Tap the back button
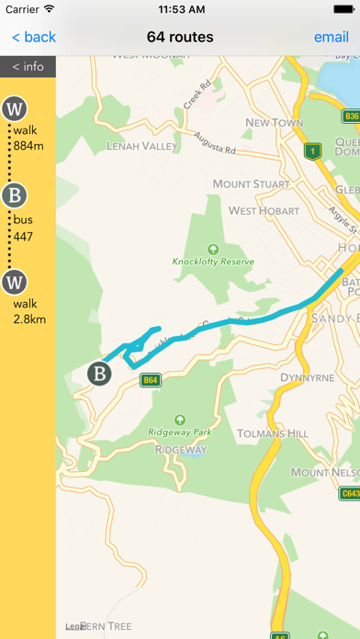pos(33,38)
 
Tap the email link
pos(331,38)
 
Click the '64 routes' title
pos(180,38)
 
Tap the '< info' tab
pos(28,66)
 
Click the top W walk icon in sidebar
pos(14,108)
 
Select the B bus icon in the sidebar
pos(14,195)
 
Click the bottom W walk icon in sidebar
pos(14,281)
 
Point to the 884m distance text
pos(30,146)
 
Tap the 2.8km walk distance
pos(29,319)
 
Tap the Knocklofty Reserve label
pos(213,261)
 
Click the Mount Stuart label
pos(251,185)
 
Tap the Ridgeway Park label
pos(180,432)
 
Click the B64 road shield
pos(151,379)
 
